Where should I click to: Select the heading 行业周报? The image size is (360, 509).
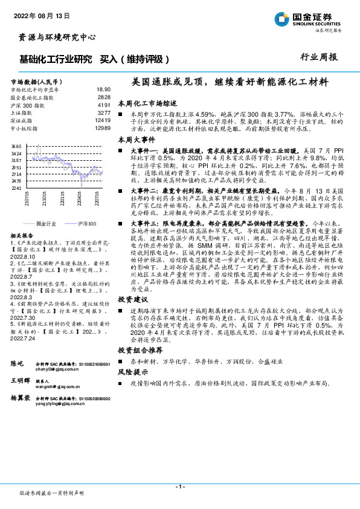(x=319, y=57)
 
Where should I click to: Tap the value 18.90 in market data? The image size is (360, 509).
(x=103, y=89)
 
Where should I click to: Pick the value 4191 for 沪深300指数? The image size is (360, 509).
(x=103, y=105)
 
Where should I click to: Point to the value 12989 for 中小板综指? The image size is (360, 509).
(x=102, y=128)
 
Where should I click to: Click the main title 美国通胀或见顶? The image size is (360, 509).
(x=230, y=80)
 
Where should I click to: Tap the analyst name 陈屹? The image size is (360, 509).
(x=17, y=363)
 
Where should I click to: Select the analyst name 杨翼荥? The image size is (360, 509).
(x=21, y=400)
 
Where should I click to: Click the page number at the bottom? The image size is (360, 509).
(x=179, y=487)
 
